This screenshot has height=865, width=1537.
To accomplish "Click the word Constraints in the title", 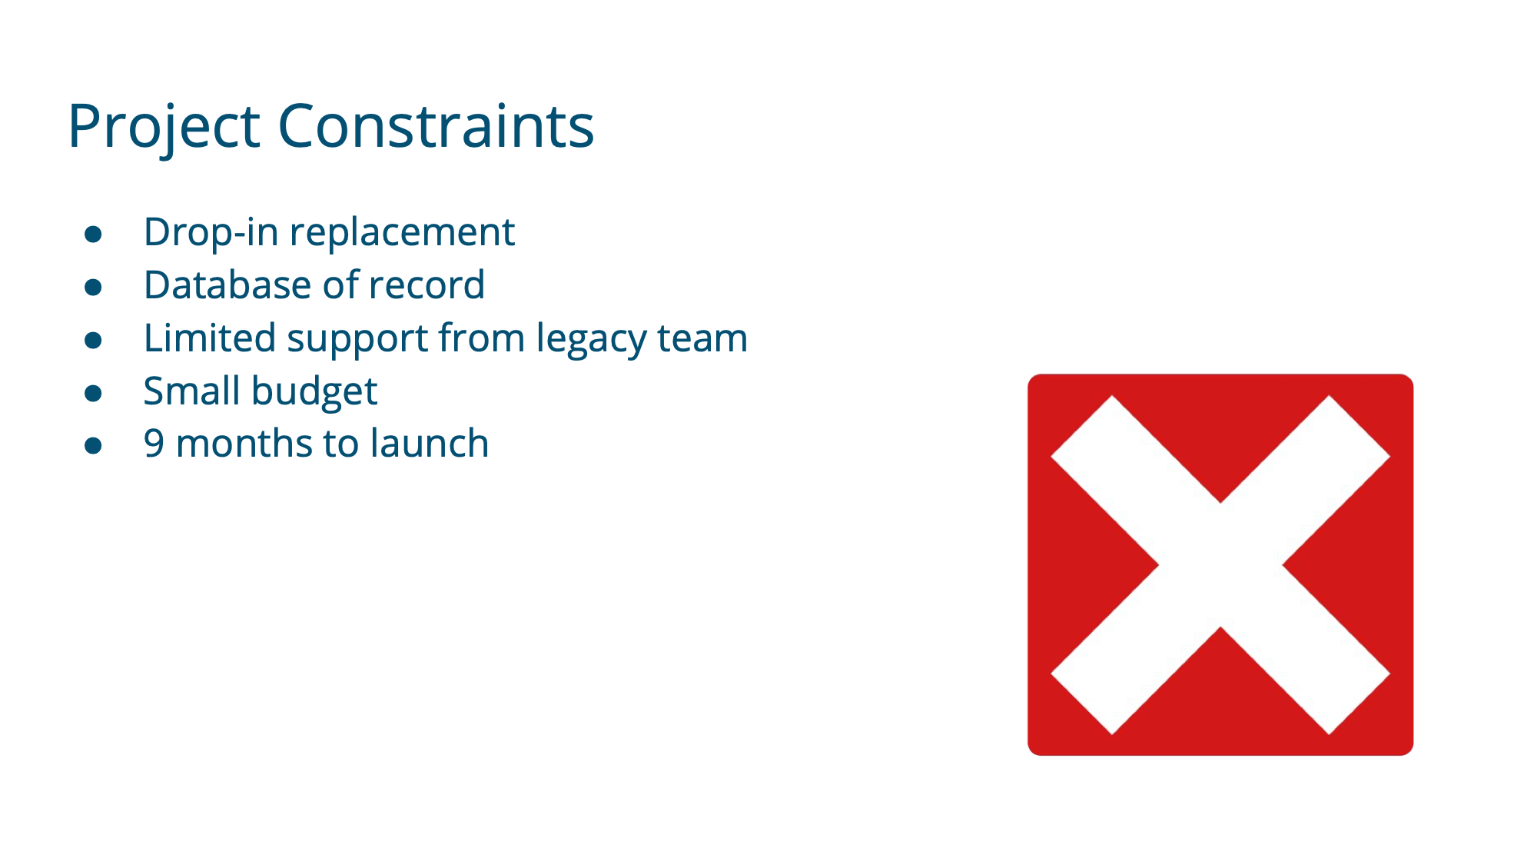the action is click(436, 125).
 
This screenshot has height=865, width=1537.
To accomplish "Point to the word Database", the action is click(227, 285).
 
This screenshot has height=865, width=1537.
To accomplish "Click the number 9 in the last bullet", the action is click(154, 444).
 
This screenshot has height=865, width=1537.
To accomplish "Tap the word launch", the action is click(430, 444).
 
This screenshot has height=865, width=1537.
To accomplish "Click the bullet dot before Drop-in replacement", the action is click(93, 235).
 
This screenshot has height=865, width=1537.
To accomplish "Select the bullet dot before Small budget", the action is click(93, 394).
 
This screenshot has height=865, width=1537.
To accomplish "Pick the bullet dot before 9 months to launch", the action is click(93, 446).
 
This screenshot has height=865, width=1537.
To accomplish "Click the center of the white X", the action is click(1220, 565).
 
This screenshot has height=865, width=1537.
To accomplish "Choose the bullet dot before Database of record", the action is click(93, 288).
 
